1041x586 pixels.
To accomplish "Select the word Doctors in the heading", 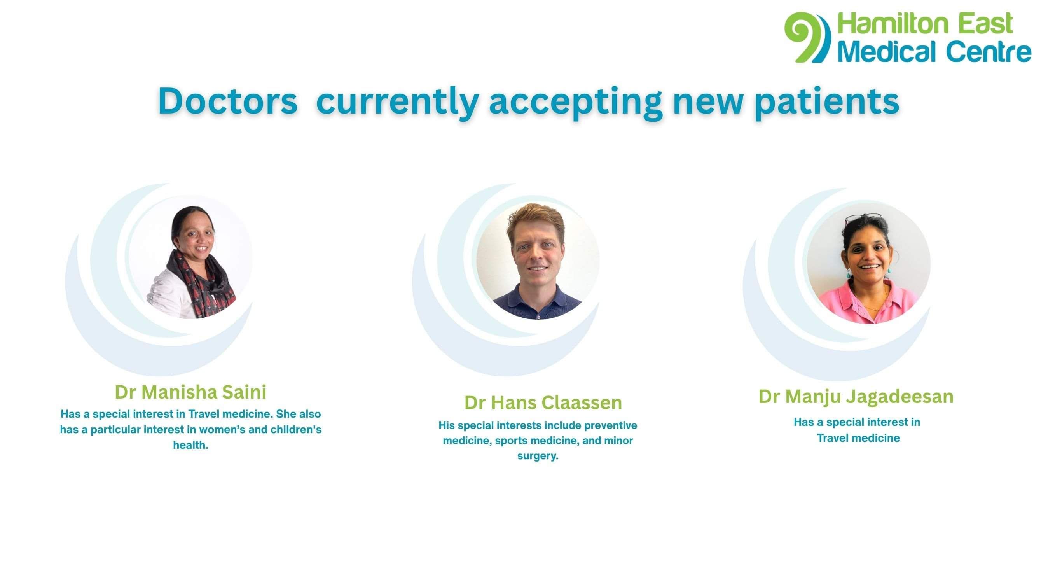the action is coord(227,101).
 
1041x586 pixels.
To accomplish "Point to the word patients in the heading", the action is coord(826,102).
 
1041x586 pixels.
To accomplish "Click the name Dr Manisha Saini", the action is coord(191,392).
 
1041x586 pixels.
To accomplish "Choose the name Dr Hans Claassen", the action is coord(543,402).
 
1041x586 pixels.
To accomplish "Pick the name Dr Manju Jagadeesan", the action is coord(856,397).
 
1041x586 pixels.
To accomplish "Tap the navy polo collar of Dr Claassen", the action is coord(538,297).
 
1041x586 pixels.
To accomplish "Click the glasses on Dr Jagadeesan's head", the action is coord(864,219).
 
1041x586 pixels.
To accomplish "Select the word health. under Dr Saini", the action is coord(191,445).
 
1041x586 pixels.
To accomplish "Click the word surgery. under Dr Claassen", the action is coord(538,456).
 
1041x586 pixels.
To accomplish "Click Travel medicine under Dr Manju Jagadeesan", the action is coord(858,438).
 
